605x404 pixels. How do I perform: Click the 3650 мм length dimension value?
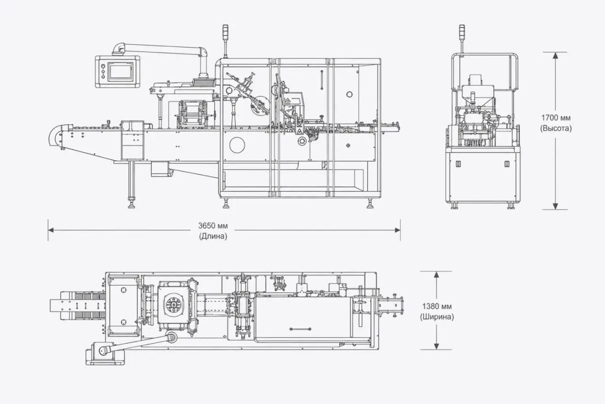pyautogui.click(x=213, y=225)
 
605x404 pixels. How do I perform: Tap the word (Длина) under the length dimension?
pyautogui.click(x=213, y=237)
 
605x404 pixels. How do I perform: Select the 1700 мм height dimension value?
pyautogui.click(x=556, y=118)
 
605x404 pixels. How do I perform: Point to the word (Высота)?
pyautogui.click(x=556, y=128)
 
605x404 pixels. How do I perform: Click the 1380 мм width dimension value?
pyautogui.click(x=437, y=306)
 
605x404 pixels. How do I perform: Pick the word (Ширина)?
pyautogui.click(x=437, y=317)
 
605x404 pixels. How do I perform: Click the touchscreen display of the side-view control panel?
pyautogui.click(x=120, y=71)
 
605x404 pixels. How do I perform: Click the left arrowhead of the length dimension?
pyautogui.click(x=51, y=230)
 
